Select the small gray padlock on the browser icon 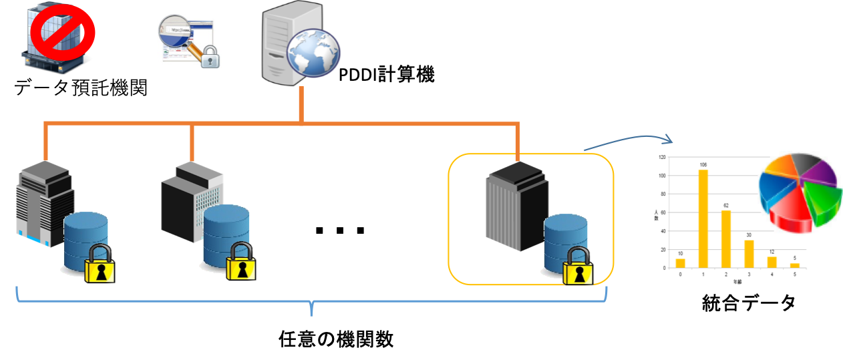[x=210, y=58]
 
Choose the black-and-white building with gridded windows [x=191, y=200]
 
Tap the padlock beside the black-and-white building [x=240, y=262]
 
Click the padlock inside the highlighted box [x=578, y=266]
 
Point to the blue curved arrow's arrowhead [x=669, y=140]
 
